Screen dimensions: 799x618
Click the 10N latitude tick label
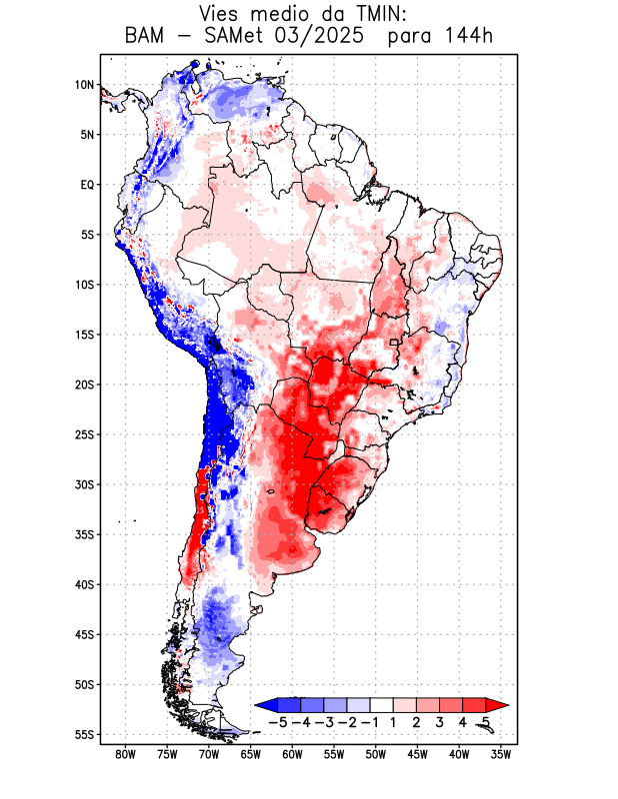pos(84,85)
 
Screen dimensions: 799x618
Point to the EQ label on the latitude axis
pos(87,185)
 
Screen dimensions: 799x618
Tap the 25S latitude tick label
pos(84,434)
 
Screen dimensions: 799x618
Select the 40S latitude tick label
pos(84,584)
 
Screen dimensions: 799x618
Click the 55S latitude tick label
pos(84,734)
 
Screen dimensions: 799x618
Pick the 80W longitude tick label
pos(126,754)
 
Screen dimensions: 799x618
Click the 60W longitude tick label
pos(293,754)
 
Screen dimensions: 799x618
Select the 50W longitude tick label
pos(376,754)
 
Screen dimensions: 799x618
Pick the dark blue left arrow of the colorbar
pos(265,705)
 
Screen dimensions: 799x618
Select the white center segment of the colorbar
pos(381,705)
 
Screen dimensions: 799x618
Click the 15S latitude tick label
pos(84,335)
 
